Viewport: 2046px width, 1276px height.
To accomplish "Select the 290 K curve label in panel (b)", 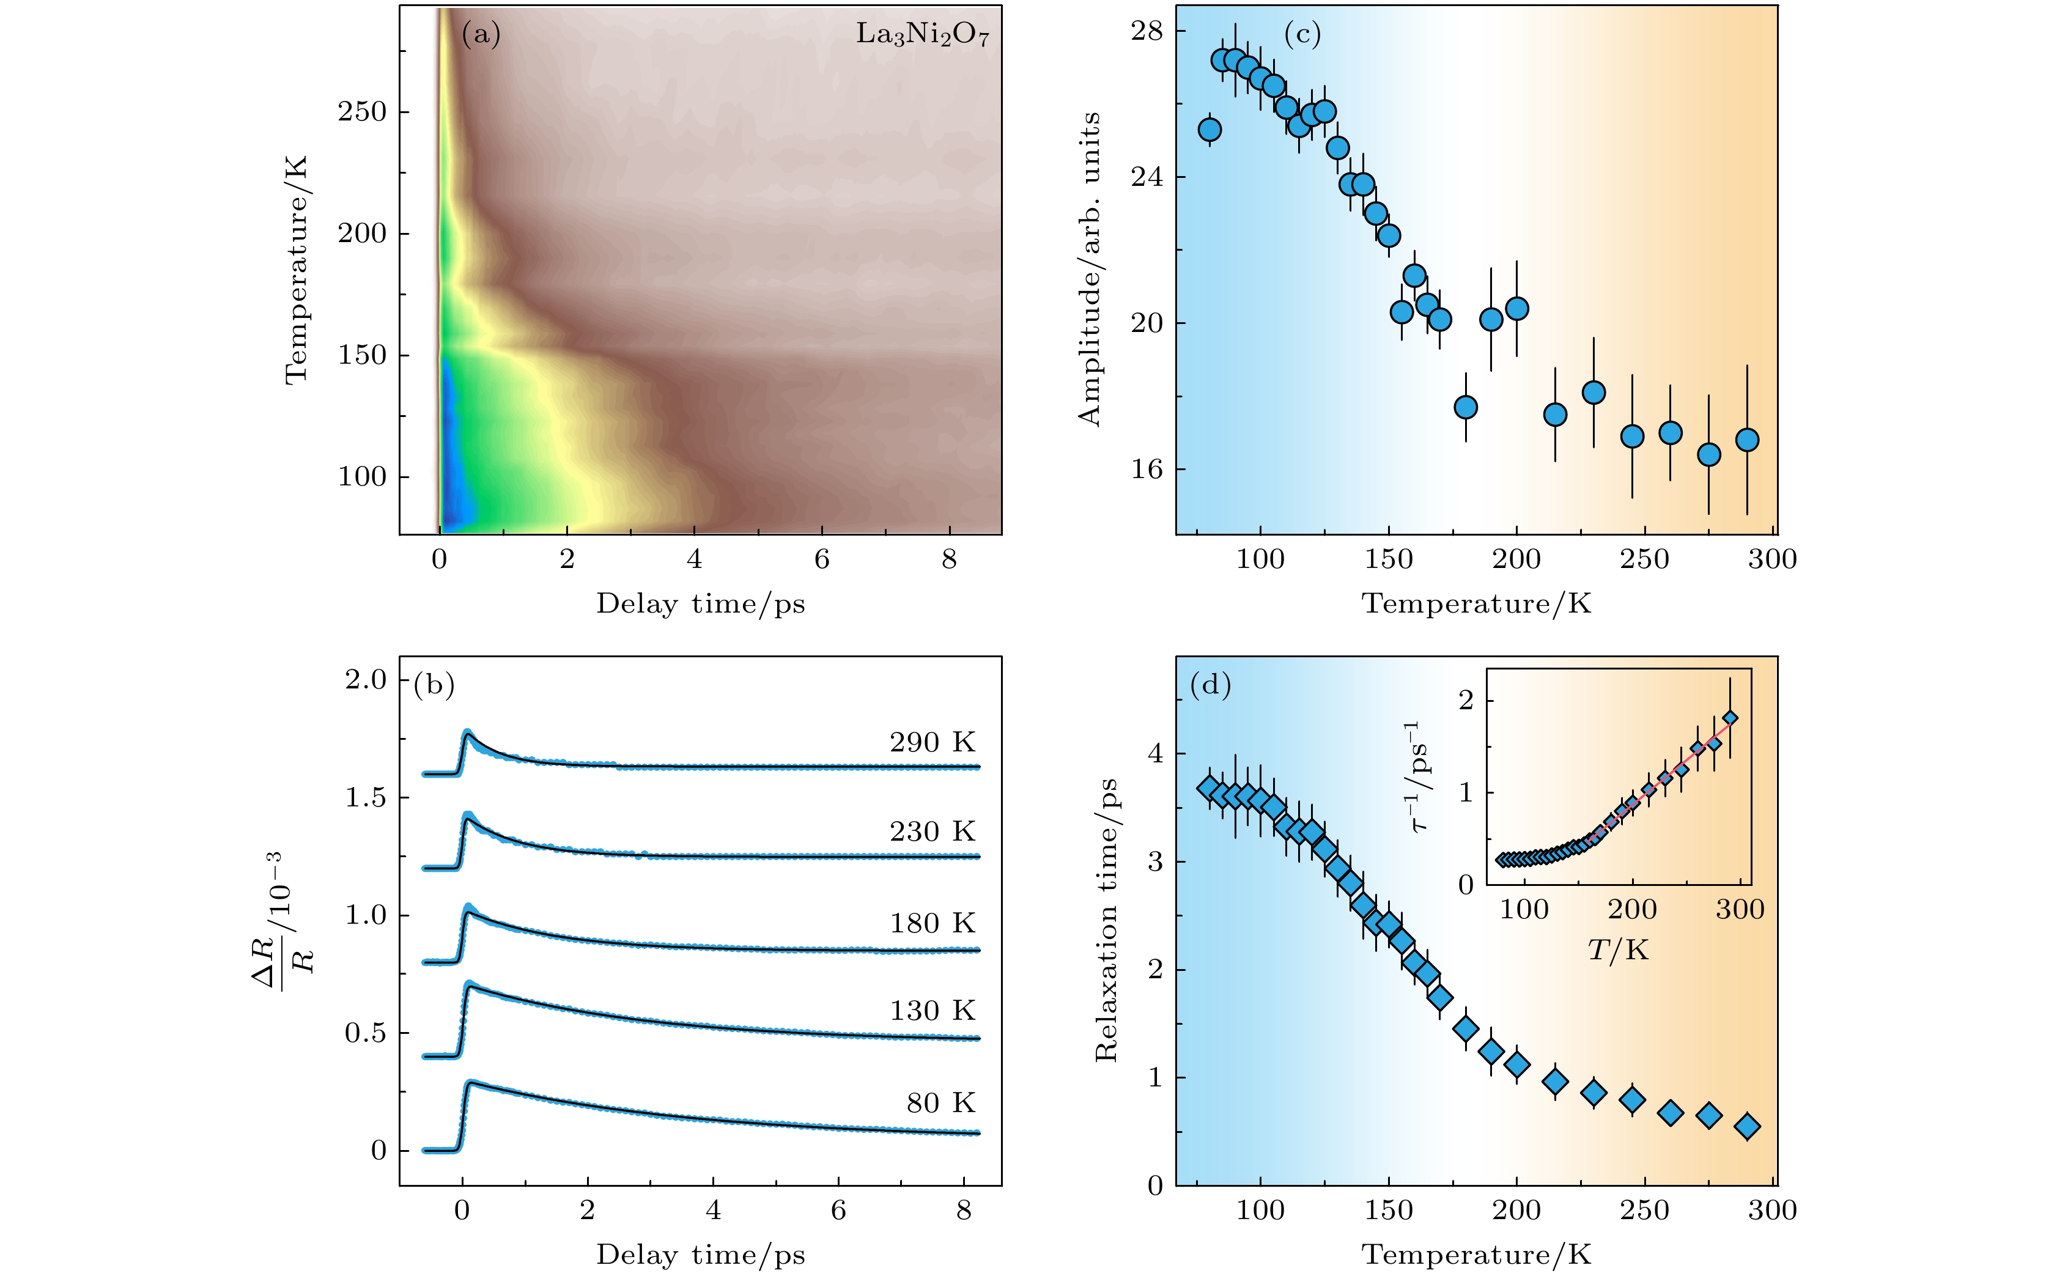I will click(932, 743).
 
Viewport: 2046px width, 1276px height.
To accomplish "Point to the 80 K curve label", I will click(940, 1103).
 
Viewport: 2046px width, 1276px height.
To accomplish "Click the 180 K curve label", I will click(932, 923).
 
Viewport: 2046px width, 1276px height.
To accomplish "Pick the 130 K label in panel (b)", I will click(932, 1011).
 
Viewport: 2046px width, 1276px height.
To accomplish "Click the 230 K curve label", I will click(932, 832).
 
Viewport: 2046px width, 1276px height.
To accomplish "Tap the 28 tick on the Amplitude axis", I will click(1147, 31).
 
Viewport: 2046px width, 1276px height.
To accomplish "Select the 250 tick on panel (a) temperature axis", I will click(362, 111).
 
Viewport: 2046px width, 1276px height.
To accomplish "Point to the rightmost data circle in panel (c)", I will click(1747, 440).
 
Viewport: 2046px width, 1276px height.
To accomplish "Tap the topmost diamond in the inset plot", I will click(1729, 719).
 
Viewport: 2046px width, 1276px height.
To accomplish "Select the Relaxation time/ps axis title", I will click(1106, 920).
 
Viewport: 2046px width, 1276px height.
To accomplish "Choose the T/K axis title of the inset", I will click(1617, 950).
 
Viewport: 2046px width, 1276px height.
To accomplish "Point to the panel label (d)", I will click(1210, 684).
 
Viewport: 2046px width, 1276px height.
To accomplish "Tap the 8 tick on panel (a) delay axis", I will click(950, 559).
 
